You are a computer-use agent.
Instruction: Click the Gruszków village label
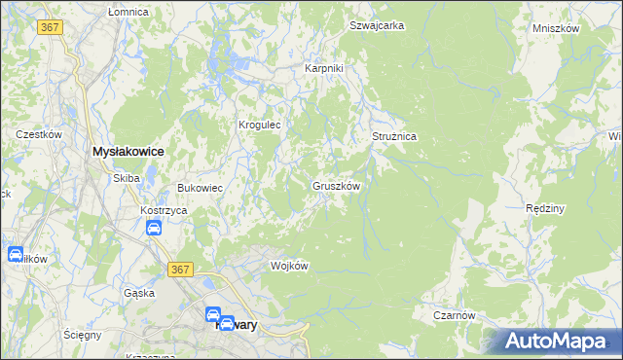coord(337,186)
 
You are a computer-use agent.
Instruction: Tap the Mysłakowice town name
coord(127,153)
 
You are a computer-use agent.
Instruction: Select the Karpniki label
coord(324,69)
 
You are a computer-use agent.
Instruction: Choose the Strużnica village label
coord(394,137)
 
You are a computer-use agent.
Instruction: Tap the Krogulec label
coord(260,126)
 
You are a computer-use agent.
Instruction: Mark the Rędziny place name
coord(545,209)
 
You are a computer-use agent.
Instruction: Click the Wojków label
coord(289,267)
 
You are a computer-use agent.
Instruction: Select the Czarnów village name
coord(454,316)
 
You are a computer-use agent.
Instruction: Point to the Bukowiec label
coord(200,188)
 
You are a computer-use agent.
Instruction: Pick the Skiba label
coord(127,178)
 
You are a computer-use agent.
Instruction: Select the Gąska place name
coord(138,293)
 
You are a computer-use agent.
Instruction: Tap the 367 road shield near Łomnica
coord(51,27)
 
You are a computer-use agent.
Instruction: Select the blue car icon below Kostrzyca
coord(154,229)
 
